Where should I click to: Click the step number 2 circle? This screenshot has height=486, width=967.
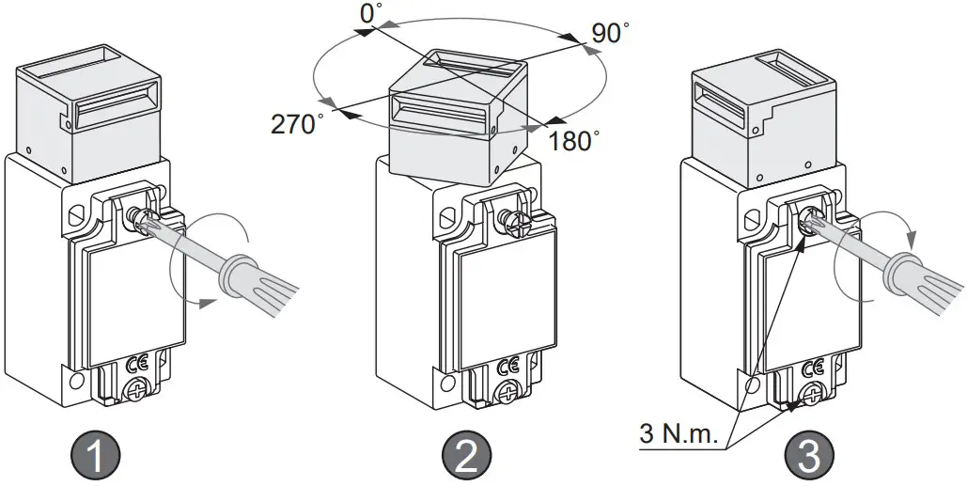(467, 458)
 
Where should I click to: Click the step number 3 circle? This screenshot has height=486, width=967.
(811, 458)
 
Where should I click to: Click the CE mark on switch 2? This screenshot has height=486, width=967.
(507, 364)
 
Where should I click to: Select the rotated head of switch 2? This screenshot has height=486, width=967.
(455, 118)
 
